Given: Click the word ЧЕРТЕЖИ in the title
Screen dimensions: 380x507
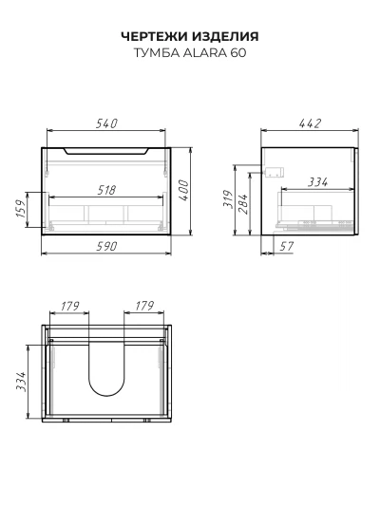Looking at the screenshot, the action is [x=155, y=36].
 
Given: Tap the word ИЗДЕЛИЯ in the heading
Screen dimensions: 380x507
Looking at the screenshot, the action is [x=226, y=36].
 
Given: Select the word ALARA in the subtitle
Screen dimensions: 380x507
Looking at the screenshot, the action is [x=205, y=53].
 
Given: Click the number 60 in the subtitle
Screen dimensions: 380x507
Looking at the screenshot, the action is [x=238, y=53].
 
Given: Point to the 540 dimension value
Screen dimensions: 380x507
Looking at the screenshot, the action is [x=106, y=123].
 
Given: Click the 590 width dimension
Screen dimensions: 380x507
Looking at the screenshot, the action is [x=106, y=247].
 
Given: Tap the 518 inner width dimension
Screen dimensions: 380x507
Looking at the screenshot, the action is [x=106, y=190].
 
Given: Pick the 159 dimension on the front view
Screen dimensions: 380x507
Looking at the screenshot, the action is [x=20, y=209].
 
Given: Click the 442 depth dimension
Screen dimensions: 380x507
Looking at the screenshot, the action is [x=310, y=123].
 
